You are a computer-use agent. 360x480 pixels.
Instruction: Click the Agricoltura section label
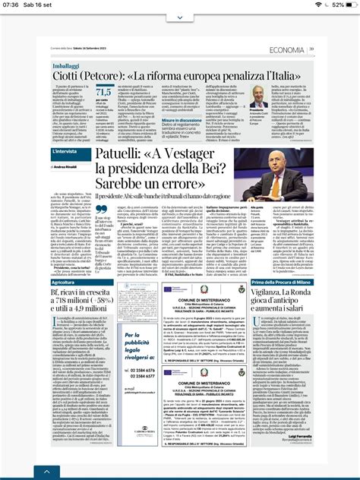coord(58,282)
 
